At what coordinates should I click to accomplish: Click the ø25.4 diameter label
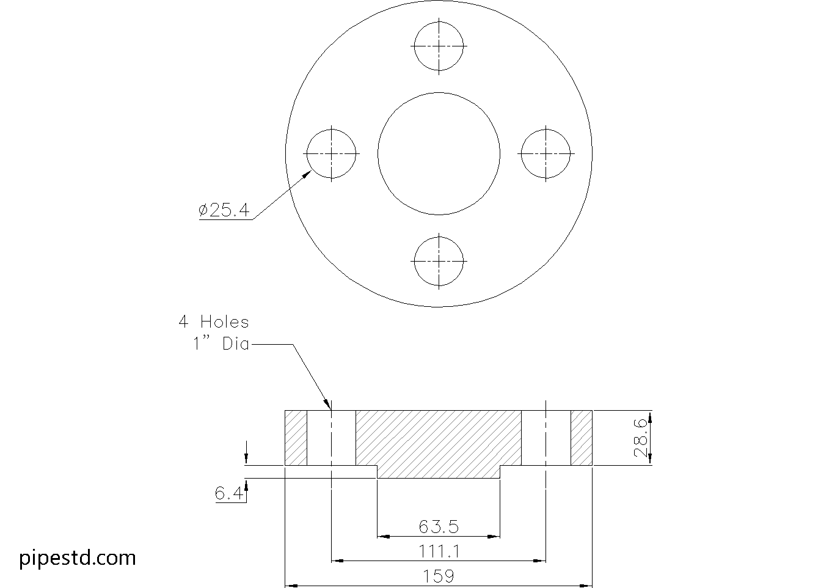pos(224,210)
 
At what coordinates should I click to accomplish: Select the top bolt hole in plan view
pos(439,46)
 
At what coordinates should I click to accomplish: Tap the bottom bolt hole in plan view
pos(439,261)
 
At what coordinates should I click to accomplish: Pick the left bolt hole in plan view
pos(331,153)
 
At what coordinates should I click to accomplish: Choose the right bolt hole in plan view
pos(546,153)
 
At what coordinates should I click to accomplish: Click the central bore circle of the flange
pos(439,153)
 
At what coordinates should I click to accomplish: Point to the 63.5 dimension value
pos(439,526)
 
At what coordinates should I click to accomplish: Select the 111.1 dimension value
pos(439,551)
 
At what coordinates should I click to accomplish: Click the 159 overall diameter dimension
pos(439,576)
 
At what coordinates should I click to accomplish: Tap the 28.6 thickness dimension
pos(640,438)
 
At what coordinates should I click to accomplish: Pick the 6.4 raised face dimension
pos(228,493)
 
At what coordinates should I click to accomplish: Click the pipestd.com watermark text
pos(78,557)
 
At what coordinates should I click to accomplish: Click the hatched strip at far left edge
pos(296,438)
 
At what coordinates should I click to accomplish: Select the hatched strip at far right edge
pos(582,438)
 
